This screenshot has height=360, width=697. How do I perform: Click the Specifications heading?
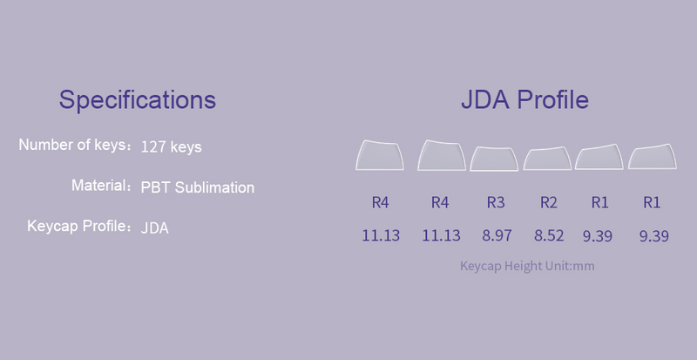(x=138, y=99)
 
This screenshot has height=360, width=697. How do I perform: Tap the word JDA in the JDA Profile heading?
(x=485, y=99)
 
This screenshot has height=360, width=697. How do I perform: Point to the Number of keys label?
(x=72, y=145)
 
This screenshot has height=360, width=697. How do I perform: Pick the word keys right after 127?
(x=186, y=147)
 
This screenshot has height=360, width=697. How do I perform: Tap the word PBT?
(x=155, y=187)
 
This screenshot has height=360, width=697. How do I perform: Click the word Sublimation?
(x=214, y=187)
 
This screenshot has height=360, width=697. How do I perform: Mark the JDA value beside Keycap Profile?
(x=155, y=228)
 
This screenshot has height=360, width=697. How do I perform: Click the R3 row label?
(x=496, y=202)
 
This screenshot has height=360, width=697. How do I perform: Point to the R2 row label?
(x=549, y=202)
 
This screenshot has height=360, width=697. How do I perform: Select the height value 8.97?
(x=497, y=235)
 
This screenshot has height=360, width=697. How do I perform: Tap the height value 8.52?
(x=549, y=235)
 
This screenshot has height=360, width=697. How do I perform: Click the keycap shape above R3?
(x=494, y=159)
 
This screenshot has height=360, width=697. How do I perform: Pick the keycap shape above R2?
(x=547, y=159)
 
